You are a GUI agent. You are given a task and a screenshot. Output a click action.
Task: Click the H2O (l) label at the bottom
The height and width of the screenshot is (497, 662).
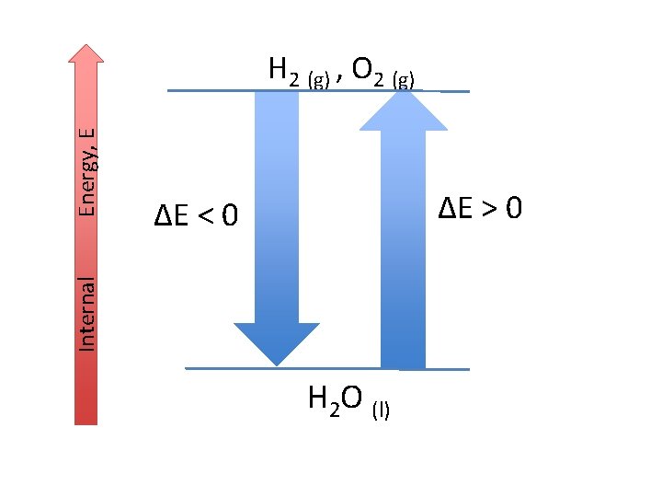pyautogui.click(x=348, y=401)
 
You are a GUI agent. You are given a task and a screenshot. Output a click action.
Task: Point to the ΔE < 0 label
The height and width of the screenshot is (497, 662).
pyautogui.click(x=196, y=217)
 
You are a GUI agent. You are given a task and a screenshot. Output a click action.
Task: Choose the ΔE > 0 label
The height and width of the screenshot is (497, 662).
pyautogui.click(x=480, y=209)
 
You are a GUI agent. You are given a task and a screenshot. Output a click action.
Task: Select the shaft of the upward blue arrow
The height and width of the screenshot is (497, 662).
pyautogui.click(x=403, y=248)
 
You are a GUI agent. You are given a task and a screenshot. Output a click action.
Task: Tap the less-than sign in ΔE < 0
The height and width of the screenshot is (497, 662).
pyautogui.click(x=209, y=217)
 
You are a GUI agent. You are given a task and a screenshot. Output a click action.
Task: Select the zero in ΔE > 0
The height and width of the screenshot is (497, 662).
pyautogui.click(x=514, y=209)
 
